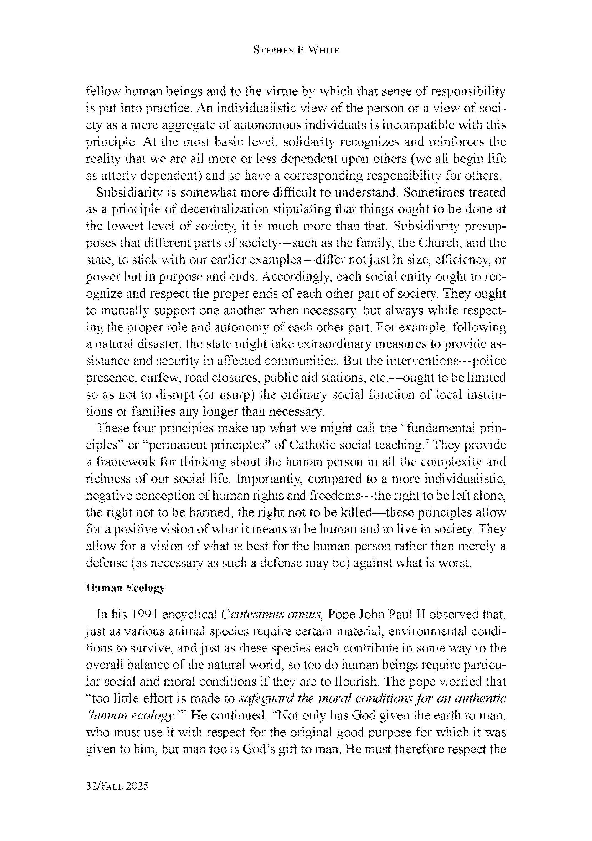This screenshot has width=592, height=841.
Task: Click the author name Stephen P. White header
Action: click(296, 51)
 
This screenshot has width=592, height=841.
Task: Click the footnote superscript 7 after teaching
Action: click(423, 442)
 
